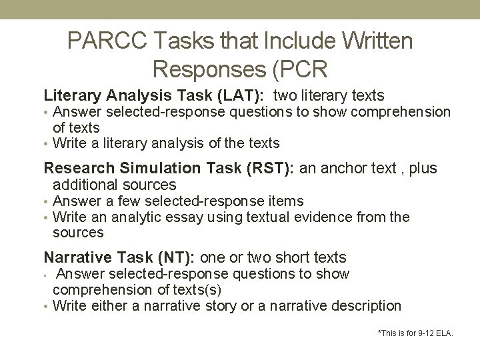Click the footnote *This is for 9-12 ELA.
click(415, 332)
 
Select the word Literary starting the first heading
click(68, 96)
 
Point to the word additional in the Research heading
click(83, 185)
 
